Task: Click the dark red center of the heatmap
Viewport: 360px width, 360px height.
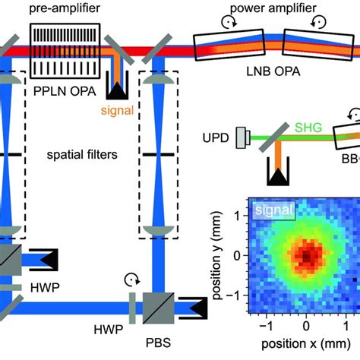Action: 305,257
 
